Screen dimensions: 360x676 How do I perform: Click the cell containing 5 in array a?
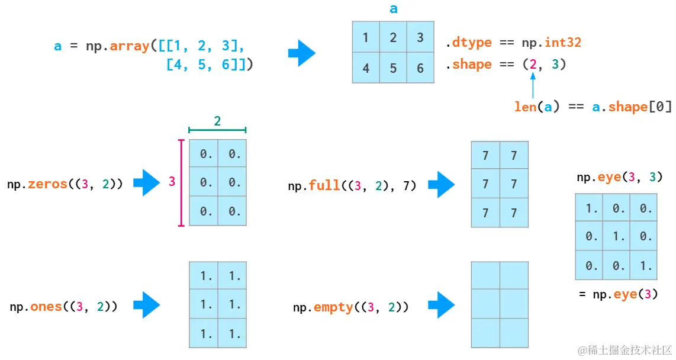[393, 68]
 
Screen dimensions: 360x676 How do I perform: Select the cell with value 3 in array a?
[420, 38]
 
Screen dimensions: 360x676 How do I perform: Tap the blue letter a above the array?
[394, 9]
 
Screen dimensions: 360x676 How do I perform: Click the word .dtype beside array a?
[469, 43]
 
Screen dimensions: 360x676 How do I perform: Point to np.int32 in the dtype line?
[551, 43]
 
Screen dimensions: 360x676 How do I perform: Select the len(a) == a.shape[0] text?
[593, 107]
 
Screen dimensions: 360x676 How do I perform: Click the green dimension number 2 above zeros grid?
[217, 121]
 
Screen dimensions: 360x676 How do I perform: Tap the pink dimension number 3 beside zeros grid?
[172, 182]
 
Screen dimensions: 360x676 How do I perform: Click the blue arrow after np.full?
[441, 185]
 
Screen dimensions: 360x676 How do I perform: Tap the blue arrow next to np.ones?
[146, 306]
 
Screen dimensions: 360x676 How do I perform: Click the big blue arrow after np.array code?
[302, 54]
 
